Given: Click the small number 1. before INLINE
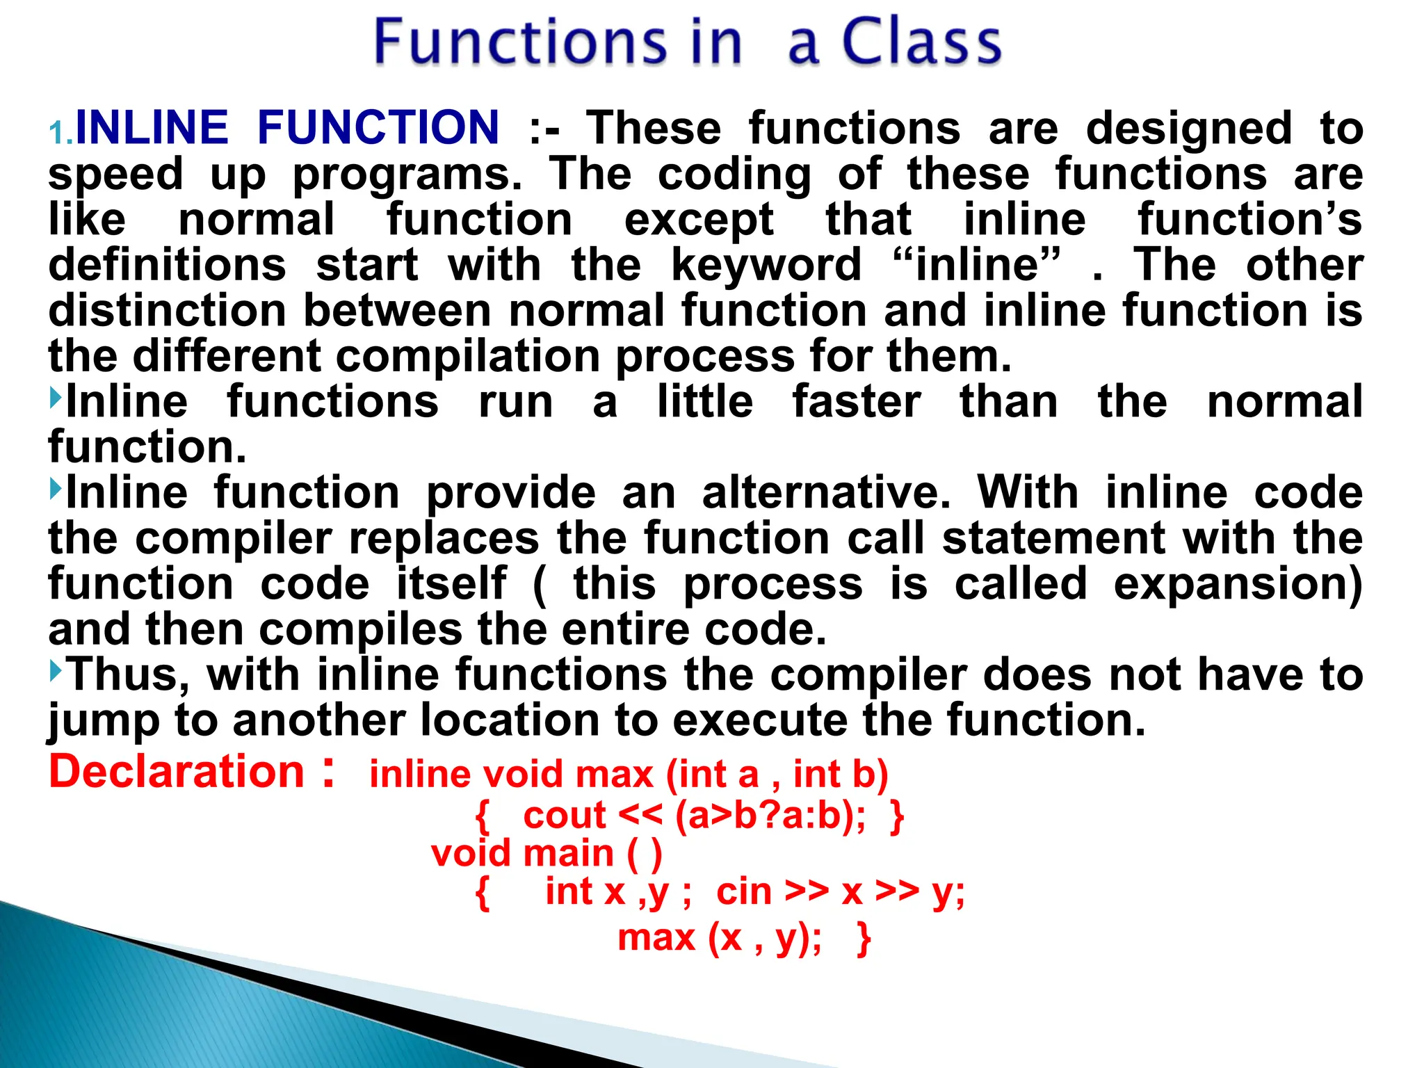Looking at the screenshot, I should tap(61, 132).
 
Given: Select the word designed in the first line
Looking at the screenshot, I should tap(1188, 129).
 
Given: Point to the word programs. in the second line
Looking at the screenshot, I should tap(407, 175).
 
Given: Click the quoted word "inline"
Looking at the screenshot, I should tap(976, 266).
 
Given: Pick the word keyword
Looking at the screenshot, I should tap(766, 266).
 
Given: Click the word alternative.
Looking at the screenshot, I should tap(826, 493).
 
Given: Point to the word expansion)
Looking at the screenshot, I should tap(1238, 584).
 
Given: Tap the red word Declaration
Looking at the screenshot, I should tap(177, 772).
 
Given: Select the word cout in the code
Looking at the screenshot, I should tap(564, 816).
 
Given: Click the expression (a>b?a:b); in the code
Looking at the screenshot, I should tap(770, 816).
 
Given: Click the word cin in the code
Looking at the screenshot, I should tap(743, 892).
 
